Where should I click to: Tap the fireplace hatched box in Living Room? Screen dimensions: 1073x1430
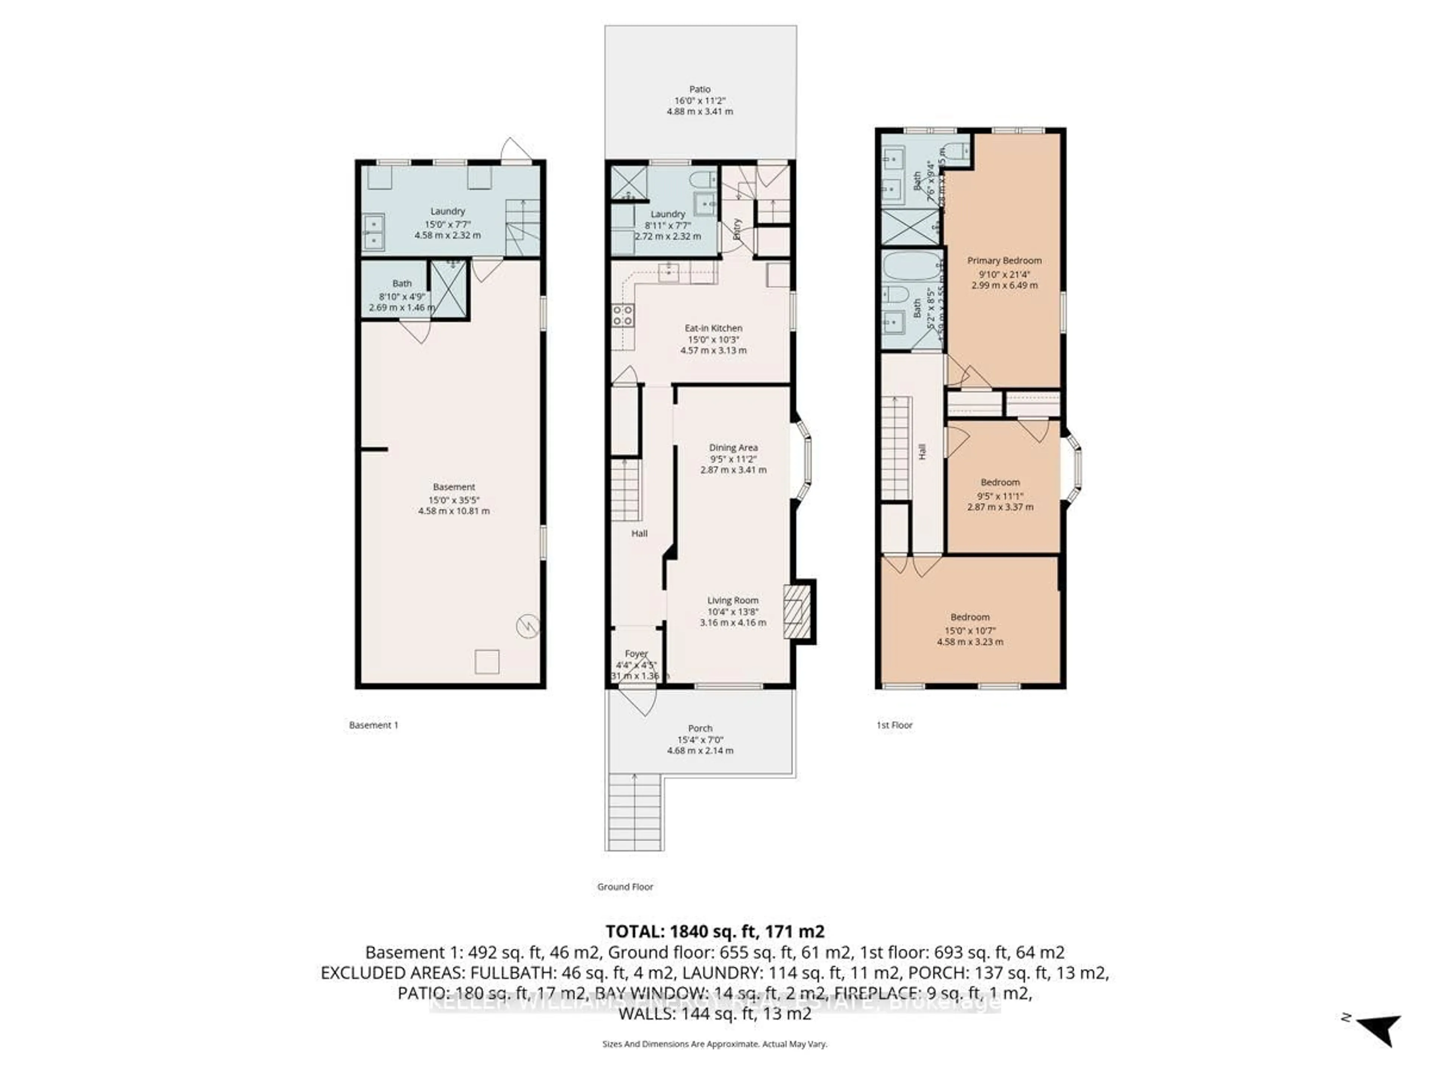[797, 612]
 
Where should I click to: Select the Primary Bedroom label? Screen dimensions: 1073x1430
[1004, 261]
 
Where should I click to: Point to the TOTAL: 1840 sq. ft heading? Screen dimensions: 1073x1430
[714, 931]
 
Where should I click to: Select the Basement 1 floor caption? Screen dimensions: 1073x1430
[374, 725]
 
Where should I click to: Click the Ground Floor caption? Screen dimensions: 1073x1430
[625, 887]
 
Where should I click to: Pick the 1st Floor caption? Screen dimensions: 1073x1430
[894, 725]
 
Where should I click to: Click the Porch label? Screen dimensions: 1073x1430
[700, 728]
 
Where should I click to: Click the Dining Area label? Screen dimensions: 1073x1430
[733, 447]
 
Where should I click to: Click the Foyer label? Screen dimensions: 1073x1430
[636, 654]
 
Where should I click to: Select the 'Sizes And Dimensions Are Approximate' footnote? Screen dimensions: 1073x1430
[714, 1044]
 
